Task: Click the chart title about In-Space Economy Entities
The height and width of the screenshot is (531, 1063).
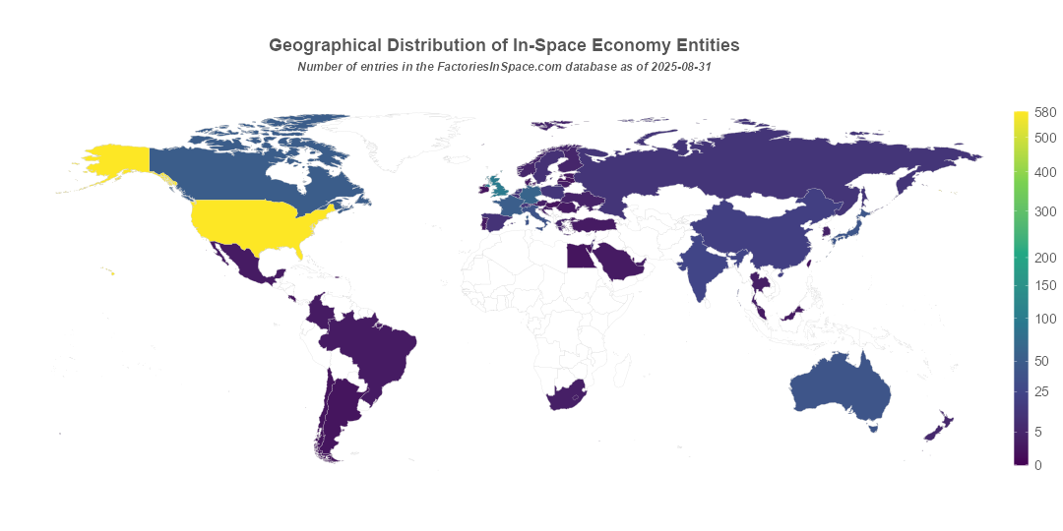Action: [504, 45]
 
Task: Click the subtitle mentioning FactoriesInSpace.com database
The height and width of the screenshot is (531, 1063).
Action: [504, 67]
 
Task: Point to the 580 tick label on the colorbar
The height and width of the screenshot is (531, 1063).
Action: [1045, 113]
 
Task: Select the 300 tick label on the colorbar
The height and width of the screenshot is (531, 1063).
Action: [1045, 211]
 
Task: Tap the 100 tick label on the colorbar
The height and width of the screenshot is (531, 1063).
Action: [1045, 319]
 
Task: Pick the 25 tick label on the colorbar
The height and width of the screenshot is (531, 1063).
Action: [1045, 392]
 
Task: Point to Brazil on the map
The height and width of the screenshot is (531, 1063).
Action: [379, 349]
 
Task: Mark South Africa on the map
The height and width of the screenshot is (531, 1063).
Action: [564, 396]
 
